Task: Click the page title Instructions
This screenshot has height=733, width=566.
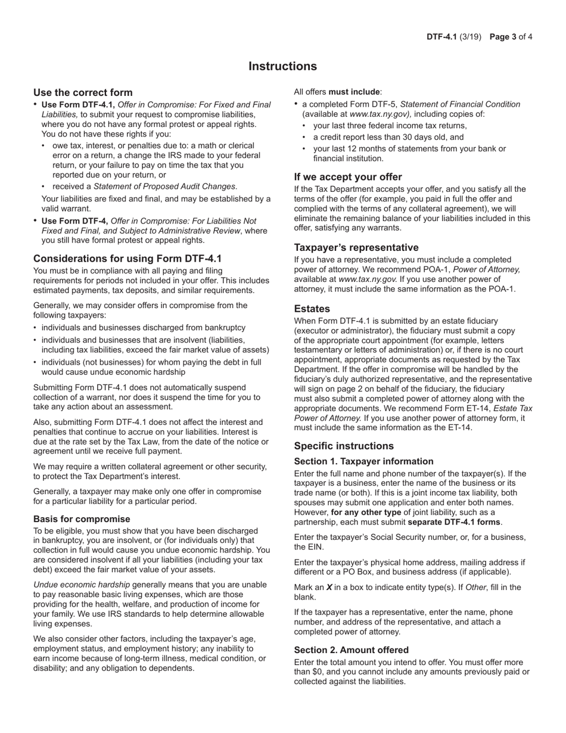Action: click(282, 66)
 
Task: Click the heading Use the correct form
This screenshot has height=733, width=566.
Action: click(83, 92)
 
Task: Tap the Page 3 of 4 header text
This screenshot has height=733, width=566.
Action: click(511, 37)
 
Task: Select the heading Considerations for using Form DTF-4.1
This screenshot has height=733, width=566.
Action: click(127, 259)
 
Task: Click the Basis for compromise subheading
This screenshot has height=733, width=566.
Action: click(82, 518)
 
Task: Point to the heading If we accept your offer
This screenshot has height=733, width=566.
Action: click(348, 177)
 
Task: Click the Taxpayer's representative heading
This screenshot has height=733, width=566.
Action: click(356, 247)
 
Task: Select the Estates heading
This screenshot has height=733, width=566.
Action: click(312, 309)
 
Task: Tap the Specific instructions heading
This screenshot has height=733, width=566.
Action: click(344, 446)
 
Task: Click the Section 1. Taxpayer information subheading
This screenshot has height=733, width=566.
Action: click(363, 461)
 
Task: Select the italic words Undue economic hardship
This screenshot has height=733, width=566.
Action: click(82, 585)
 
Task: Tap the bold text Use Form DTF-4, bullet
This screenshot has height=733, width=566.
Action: click(75, 221)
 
